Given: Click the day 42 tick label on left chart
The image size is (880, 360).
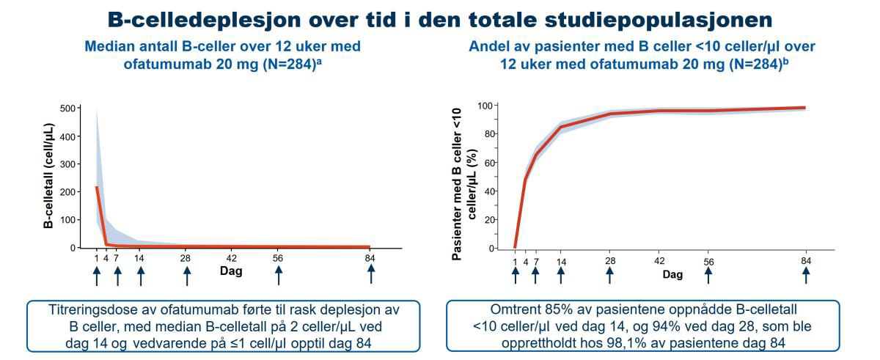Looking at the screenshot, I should (x=232, y=258).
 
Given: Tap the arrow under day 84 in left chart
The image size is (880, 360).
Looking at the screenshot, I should (x=371, y=273).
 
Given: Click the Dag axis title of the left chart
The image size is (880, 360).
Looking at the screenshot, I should (x=232, y=271).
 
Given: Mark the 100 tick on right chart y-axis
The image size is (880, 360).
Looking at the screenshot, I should (x=483, y=106).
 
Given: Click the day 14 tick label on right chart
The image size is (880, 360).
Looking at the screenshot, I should (x=561, y=262).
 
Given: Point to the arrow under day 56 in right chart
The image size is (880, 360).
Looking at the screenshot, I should (x=708, y=275).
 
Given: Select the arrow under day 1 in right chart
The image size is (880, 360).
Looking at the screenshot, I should (x=516, y=275).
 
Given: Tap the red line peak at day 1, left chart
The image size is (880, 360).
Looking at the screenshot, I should (x=97, y=187).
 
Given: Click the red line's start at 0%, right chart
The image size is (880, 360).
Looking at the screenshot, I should (x=516, y=247).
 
